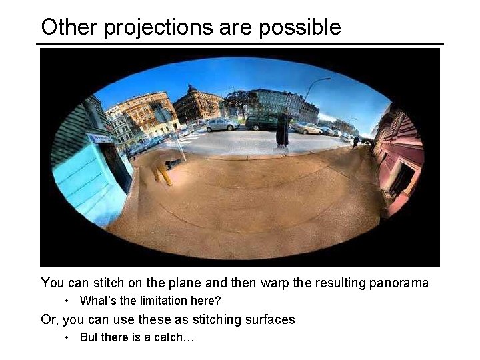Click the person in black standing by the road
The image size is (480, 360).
click(x=283, y=130)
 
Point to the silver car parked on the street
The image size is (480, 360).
click(x=222, y=124)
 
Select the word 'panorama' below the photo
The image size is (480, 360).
click(x=398, y=283)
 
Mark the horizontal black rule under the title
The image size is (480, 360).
click(x=240, y=44)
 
